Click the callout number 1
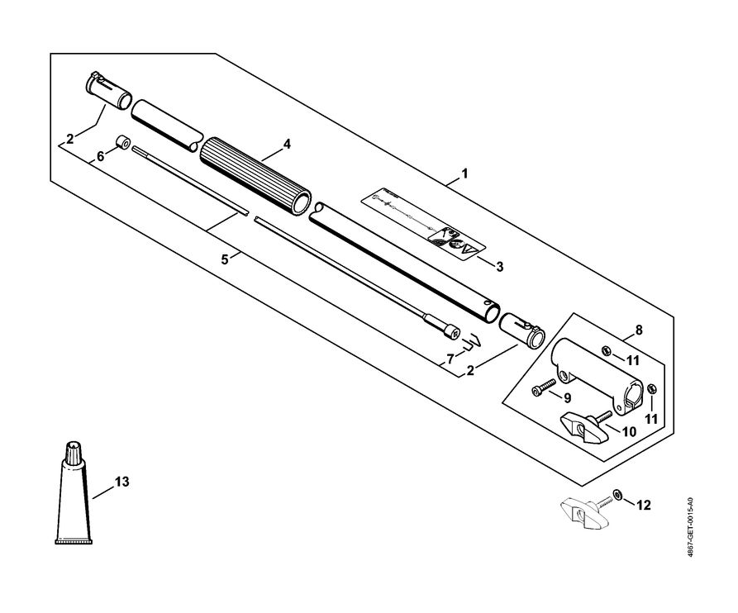464,174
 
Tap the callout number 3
499,266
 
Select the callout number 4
287,144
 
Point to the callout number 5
224,259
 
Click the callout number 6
101,156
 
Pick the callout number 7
450,358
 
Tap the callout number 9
567,397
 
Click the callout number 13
122,481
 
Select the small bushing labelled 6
121,141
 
